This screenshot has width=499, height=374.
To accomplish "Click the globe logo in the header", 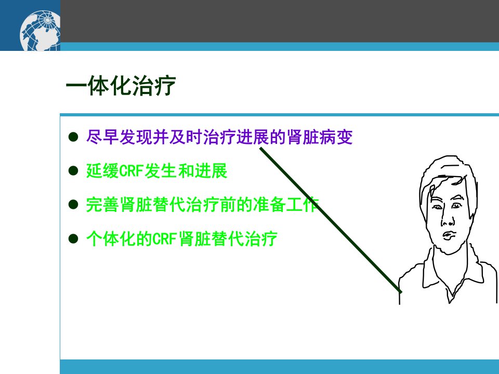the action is click(40, 31).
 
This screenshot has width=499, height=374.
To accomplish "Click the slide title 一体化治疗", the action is click(121, 86).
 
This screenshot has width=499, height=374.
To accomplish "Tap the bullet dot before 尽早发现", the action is click(73, 137).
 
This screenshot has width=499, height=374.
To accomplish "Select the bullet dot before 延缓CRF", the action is click(73, 171).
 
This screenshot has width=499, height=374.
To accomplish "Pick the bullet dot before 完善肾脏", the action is click(73, 205).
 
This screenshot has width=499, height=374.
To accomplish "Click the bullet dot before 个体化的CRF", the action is click(73, 238).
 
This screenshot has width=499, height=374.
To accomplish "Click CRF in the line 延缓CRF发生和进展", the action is click(132, 171).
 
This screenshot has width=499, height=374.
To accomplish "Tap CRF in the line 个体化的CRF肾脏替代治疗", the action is click(165, 239).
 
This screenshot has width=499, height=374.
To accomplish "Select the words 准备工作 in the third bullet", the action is click(286, 205).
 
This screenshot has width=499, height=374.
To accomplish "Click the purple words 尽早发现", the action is click(119, 137).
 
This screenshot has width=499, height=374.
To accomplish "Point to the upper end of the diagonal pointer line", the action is click(260, 148).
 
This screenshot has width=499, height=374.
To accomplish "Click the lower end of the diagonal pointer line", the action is click(401, 291).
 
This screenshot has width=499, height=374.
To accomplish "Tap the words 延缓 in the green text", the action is click(102, 171).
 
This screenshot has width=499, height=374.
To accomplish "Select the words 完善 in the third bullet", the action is click(102, 205).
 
